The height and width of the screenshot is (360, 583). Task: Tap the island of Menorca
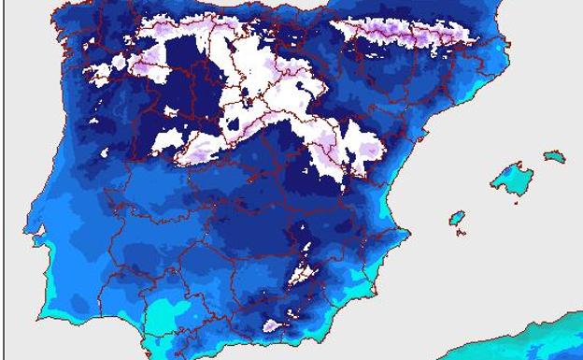click(555, 156)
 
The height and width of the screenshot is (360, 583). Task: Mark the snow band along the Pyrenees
click(402, 34)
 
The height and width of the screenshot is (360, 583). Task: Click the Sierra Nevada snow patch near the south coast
click(273, 325)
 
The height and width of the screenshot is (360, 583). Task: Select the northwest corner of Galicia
click(58, 16)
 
